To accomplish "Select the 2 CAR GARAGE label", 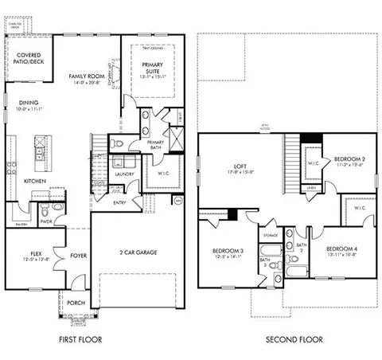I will [x=137, y=252].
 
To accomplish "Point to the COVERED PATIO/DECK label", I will [x=29, y=59].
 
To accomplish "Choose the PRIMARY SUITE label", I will [x=151, y=69].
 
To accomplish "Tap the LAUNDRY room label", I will [x=123, y=173].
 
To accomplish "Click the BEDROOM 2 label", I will [x=349, y=159].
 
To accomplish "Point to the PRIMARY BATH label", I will [x=155, y=145].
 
